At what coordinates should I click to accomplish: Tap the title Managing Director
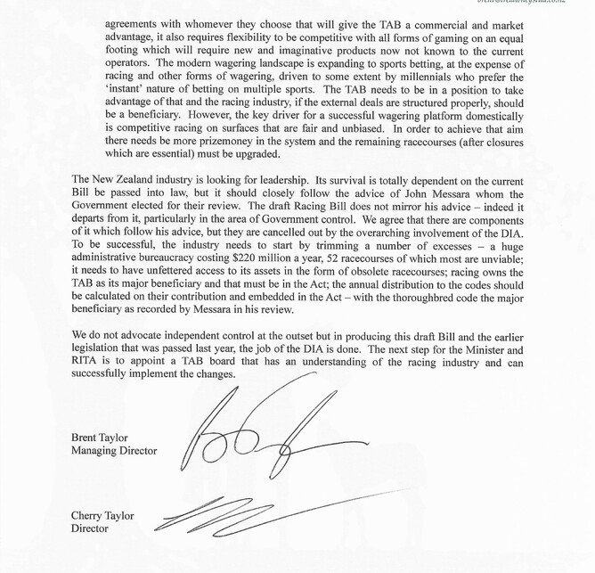coord(113,451)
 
